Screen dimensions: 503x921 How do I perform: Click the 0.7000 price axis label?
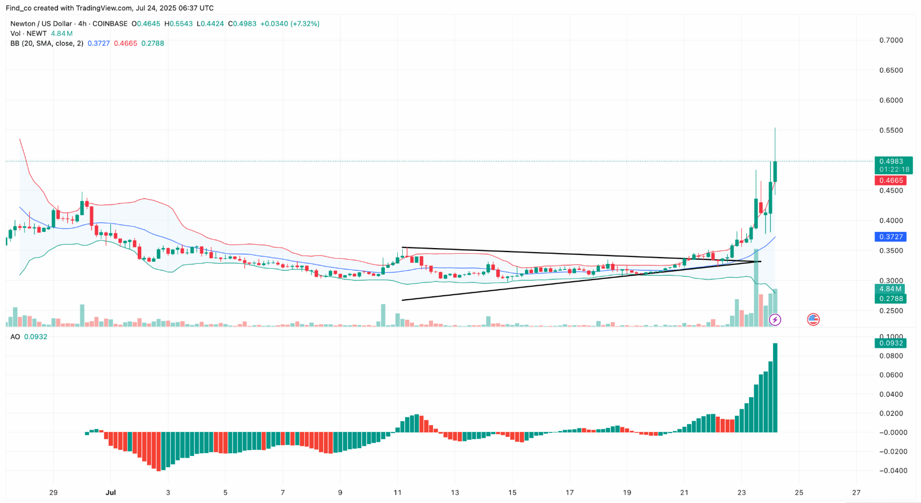891,40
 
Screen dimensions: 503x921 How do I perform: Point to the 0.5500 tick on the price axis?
891,131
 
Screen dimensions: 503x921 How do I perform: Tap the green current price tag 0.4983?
891,161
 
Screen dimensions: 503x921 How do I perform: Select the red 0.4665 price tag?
891,180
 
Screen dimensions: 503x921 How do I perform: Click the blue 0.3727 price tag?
891,237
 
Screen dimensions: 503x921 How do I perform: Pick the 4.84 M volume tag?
890,289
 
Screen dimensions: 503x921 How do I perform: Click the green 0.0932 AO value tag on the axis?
891,343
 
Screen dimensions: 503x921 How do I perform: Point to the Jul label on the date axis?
111,493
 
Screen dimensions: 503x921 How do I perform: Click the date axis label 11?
398,493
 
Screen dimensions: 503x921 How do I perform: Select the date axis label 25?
799,493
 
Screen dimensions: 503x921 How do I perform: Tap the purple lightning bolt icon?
775,320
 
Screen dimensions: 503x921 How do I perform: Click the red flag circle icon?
813,320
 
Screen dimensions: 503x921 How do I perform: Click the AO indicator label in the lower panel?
15,337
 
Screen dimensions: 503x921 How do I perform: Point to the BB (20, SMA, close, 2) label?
46,43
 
